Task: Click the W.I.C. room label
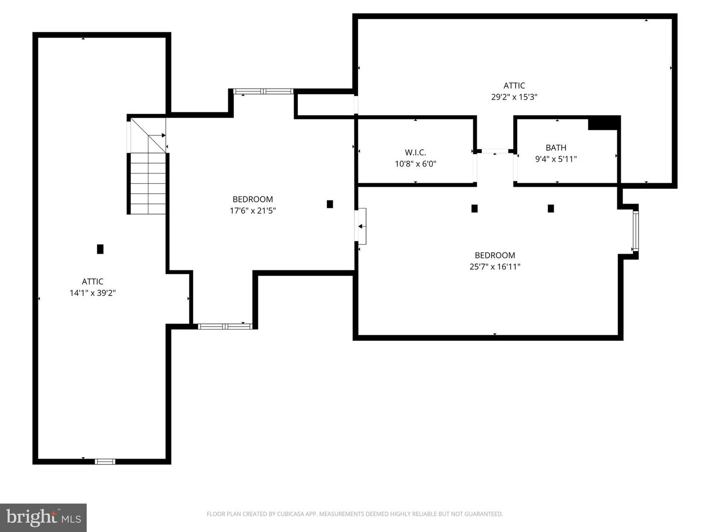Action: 415,153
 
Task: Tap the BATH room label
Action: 556,148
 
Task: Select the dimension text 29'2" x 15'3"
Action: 514,97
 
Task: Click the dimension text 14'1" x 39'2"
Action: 93,293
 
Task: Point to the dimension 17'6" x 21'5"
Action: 252,211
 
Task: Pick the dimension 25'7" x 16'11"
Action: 495,267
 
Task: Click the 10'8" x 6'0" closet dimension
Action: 415,164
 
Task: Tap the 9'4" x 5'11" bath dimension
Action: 556,159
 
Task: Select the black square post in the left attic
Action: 100,249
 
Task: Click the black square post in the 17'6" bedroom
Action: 330,204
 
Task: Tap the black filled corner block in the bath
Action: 603,123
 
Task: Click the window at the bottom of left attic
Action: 105,462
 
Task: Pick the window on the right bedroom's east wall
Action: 636,231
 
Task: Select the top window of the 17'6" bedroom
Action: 263,91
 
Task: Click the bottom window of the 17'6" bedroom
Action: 225,326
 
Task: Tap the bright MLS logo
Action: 43,517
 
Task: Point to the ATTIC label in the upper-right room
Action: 514,86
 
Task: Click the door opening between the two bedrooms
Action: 361,226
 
